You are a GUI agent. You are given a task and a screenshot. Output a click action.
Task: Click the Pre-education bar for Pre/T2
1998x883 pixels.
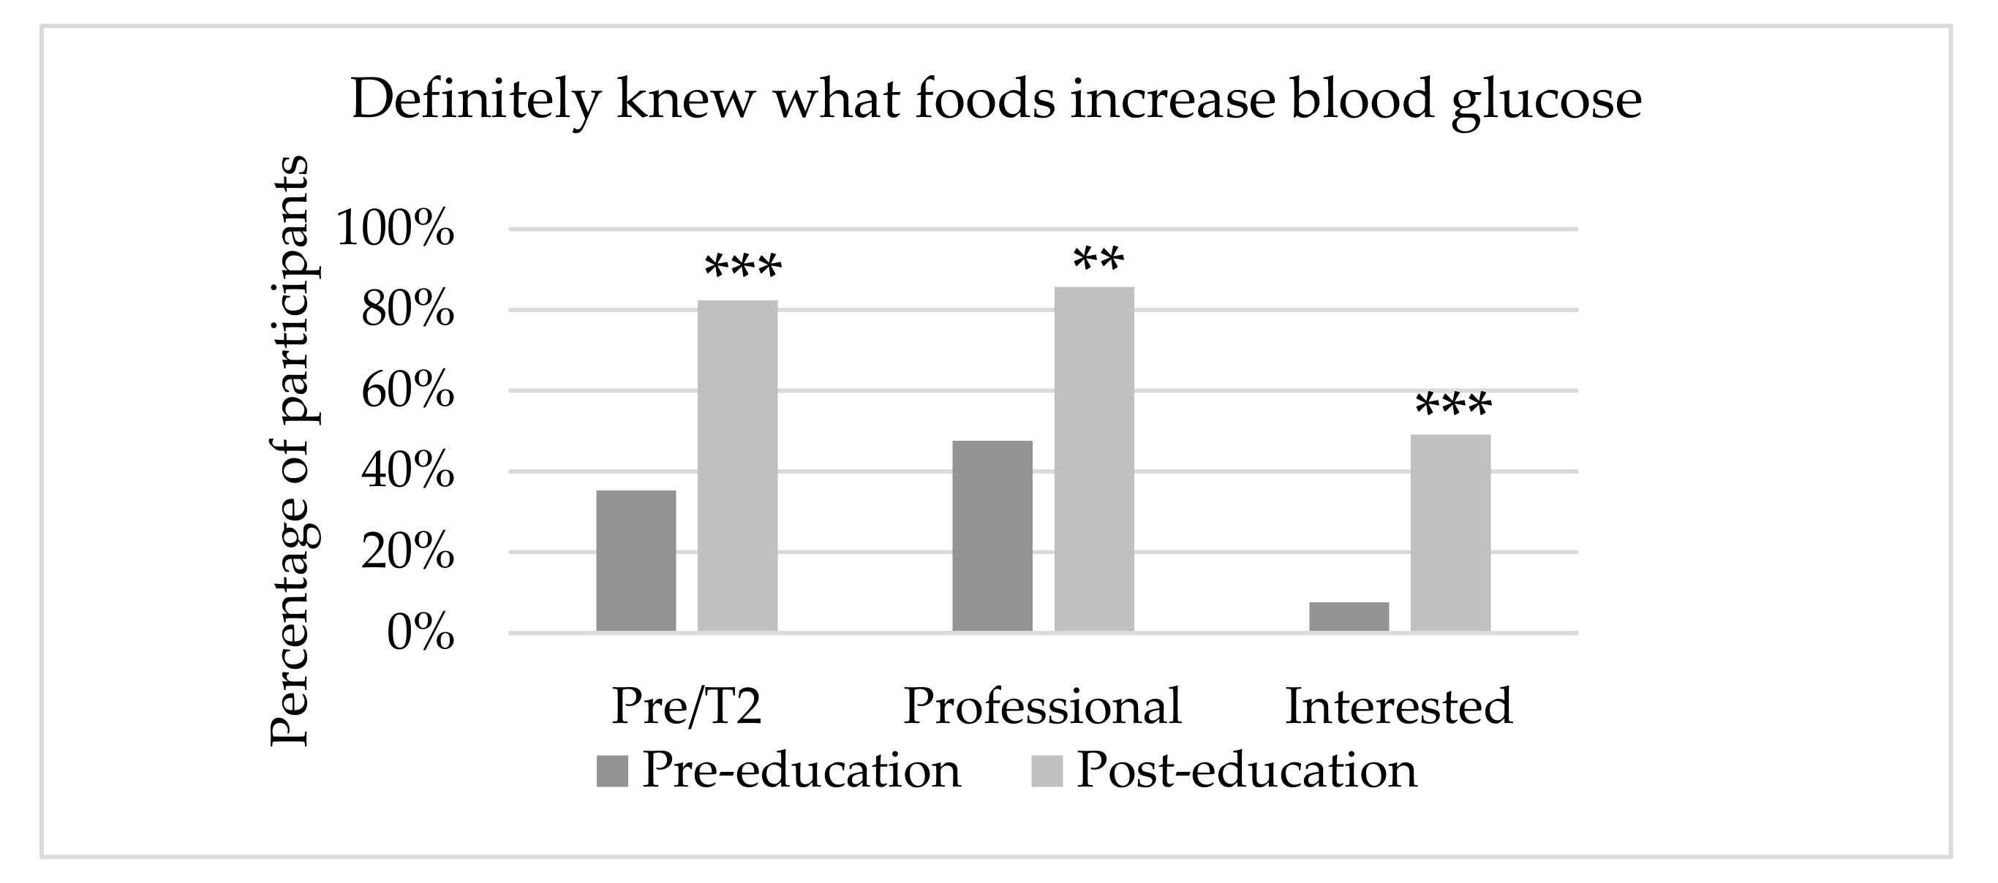636,561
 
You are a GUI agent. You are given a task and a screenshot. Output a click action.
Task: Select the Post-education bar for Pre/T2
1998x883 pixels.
737,465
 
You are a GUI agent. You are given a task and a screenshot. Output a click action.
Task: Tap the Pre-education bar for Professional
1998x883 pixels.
992,536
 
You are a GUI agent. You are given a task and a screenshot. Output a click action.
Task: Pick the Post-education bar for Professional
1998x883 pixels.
1093,459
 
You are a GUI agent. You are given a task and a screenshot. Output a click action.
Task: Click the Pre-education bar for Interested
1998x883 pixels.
1349,616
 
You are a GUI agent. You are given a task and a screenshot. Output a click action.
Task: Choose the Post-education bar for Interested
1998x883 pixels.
1450,533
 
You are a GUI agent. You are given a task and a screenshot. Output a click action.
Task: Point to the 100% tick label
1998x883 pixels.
395,230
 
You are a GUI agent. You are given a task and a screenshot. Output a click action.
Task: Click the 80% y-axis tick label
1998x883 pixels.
407,310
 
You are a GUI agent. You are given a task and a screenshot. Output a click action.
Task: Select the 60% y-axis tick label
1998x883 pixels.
407,391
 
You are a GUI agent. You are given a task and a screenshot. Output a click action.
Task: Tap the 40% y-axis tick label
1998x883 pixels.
407,471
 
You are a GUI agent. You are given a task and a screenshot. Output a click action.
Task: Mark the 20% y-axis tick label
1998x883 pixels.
407,552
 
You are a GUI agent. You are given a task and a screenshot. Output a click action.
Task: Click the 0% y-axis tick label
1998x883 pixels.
420,633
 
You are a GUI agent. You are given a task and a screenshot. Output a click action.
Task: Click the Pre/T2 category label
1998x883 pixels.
687,706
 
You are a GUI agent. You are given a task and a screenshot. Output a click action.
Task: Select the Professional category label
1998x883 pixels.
1042,706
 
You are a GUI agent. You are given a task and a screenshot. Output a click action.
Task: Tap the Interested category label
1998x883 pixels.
1398,706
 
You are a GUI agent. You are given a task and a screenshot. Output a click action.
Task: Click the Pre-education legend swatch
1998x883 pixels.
612,771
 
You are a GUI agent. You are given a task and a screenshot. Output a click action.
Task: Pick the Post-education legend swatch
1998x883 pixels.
1047,771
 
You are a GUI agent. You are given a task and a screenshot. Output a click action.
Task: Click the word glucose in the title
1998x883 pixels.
1546,101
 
